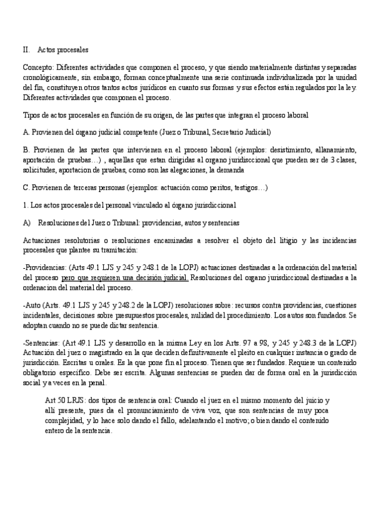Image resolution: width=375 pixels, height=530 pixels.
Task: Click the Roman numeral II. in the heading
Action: coord(26,49)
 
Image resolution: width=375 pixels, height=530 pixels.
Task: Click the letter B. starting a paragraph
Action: coord(26,150)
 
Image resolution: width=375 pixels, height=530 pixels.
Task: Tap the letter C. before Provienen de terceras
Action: coord(26,187)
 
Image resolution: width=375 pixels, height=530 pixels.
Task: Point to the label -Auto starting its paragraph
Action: coord(32,306)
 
